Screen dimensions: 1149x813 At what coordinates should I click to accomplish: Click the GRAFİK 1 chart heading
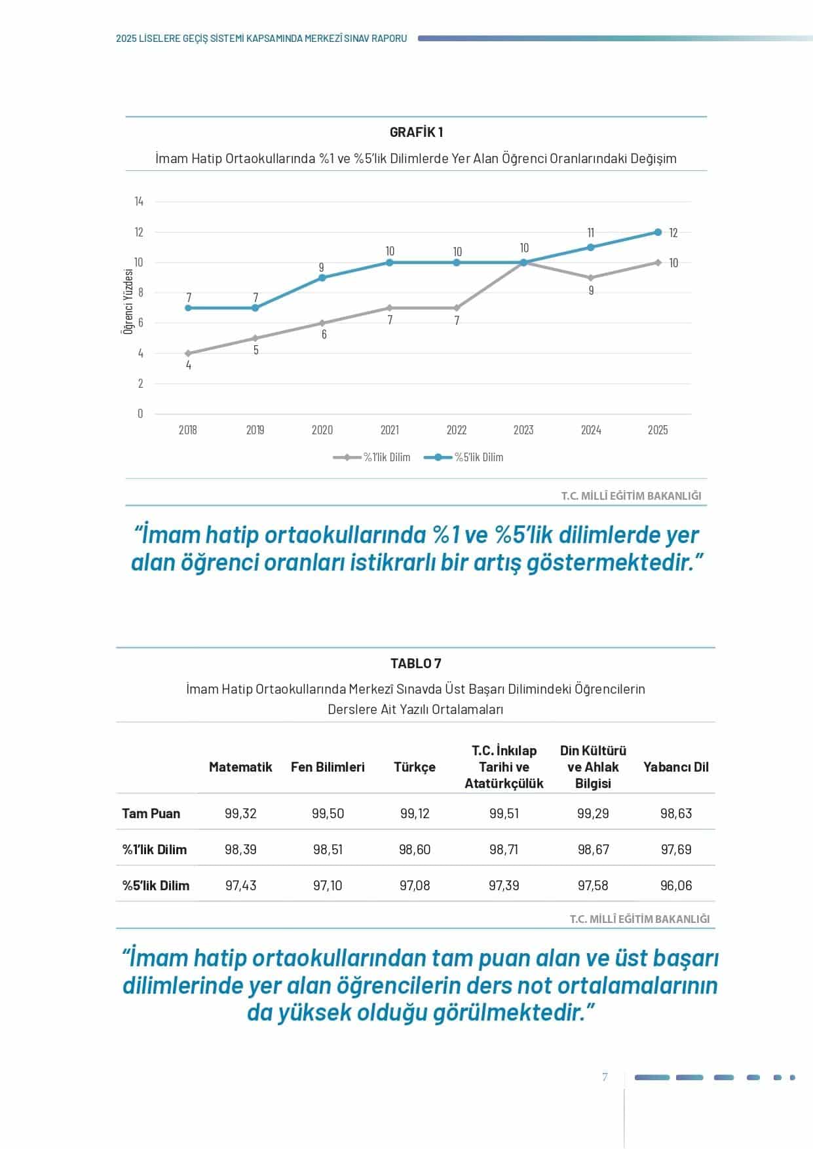(416, 132)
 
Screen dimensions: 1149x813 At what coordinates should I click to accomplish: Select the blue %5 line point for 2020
(322, 278)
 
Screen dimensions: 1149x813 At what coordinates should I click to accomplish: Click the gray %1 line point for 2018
(188, 353)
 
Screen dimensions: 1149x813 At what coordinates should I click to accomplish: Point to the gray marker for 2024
(591, 278)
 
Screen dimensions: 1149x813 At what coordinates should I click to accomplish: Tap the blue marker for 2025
(658, 232)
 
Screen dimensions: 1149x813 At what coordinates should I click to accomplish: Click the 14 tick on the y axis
(139, 202)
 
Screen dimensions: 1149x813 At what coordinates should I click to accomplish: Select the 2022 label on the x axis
(457, 430)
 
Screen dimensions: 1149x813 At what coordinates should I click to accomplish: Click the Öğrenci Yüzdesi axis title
(129, 301)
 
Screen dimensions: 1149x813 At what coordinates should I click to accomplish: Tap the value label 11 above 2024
(590, 233)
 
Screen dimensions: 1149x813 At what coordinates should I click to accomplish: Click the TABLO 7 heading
(415, 664)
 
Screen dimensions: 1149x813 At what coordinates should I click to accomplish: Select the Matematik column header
(240, 767)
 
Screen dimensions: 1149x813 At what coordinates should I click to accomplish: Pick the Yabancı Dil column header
(675, 767)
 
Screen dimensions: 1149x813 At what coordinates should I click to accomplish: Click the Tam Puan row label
(151, 814)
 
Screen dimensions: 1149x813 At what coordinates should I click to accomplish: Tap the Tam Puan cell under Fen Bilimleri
(328, 814)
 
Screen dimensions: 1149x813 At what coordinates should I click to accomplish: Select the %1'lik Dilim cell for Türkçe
(415, 850)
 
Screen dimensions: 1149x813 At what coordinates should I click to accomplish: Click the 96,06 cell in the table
(675, 886)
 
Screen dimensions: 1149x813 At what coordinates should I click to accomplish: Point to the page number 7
(605, 1078)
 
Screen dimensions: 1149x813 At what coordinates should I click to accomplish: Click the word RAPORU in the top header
(389, 39)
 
